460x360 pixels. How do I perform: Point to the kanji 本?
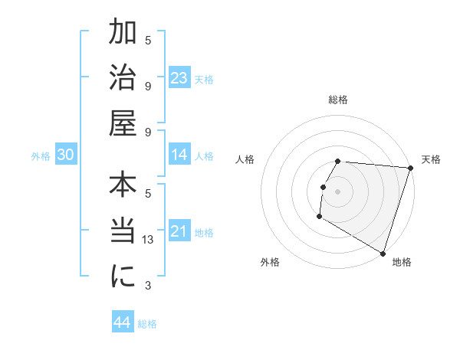[x=123, y=188]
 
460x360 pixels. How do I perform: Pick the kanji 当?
[x=123, y=232]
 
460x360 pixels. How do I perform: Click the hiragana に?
[x=123, y=277]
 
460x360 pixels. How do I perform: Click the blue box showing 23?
[x=179, y=78]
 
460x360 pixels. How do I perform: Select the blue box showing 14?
[x=179, y=155]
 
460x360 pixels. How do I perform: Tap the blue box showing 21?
[x=179, y=231]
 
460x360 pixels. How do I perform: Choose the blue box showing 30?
[x=65, y=155]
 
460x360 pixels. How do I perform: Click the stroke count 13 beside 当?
[x=149, y=240]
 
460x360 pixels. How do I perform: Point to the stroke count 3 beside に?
[x=149, y=286]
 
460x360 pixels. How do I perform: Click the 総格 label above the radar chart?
[x=338, y=100]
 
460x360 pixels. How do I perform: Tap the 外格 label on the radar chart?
[x=270, y=263]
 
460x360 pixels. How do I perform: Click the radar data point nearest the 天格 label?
[x=411, y=169]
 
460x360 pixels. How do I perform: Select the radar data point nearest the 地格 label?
[x=383, y=253]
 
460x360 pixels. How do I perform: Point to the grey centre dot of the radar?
[x=338, y=191]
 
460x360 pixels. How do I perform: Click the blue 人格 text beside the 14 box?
[x=204, y=156]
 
